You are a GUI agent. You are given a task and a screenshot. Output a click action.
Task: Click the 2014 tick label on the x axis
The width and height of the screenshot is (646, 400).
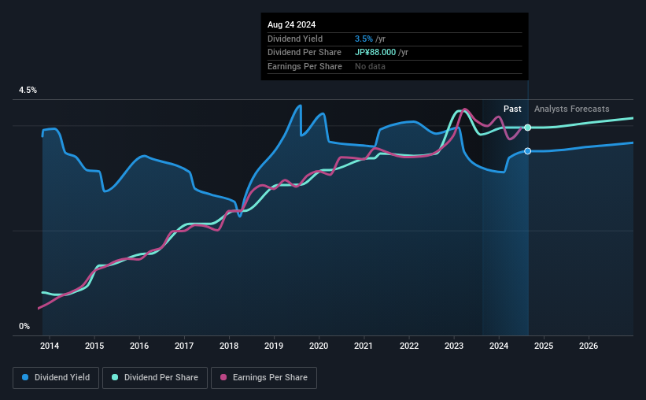click(49, 346)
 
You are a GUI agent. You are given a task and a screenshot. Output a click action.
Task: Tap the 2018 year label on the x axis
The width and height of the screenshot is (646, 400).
click(229, 346)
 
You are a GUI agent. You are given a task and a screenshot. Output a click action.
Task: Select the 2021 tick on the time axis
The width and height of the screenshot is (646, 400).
click(364, 346)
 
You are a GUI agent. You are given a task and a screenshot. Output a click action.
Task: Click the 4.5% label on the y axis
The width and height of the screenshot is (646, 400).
click(28, 91)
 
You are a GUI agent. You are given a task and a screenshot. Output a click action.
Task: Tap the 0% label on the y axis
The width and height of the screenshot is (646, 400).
click(24, 326)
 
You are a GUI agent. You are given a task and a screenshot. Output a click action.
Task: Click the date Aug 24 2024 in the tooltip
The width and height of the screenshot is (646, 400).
click(291, 24)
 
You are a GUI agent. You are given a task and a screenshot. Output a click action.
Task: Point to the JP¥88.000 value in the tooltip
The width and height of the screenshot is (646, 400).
click(381, 53)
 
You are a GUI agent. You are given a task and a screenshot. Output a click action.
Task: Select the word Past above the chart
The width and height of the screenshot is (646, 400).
click(512, 109)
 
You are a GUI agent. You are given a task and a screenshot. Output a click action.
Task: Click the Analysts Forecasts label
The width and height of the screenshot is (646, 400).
click(571, 109)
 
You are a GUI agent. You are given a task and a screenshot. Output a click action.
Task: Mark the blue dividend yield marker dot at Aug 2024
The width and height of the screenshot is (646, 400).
click(527, 151)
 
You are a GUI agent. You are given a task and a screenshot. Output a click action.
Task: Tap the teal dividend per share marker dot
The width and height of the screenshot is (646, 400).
click(527, 128)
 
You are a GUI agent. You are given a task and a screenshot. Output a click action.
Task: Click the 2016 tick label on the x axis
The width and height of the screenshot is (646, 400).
click(139, 346)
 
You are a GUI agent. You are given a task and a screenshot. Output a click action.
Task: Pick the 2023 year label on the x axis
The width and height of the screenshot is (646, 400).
click(454, 346)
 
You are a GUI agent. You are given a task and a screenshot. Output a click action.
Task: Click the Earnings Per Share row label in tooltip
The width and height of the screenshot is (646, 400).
click(305, 67)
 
